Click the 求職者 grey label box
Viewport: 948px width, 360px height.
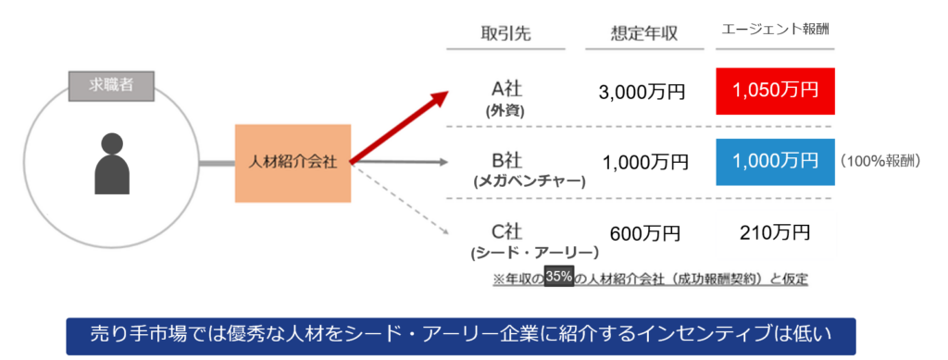[x=111, y=86]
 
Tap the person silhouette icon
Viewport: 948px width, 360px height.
[x=112, y=164]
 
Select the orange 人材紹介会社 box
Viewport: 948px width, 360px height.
[x=293, y=163]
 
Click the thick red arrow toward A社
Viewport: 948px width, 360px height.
[x=399, y=128]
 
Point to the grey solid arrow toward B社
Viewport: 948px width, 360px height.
[x=400, y=162]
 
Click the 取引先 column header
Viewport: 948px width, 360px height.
[x=506, y=34]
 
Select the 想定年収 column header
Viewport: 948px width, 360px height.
[x=644, y=34]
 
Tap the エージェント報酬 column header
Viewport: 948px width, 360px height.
[x=775, y=30]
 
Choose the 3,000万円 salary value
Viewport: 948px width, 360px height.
[x=642, y=93]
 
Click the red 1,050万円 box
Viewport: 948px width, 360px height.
[x=775, y=92]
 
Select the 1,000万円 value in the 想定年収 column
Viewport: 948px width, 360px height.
[x=645, y=162]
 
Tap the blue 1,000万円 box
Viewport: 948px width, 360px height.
[x=775, y=161]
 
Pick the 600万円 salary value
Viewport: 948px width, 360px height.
[x=644, y=233]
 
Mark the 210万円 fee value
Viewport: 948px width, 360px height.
[x=775, y=232]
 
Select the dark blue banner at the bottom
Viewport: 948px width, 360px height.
[x=461, y=337]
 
